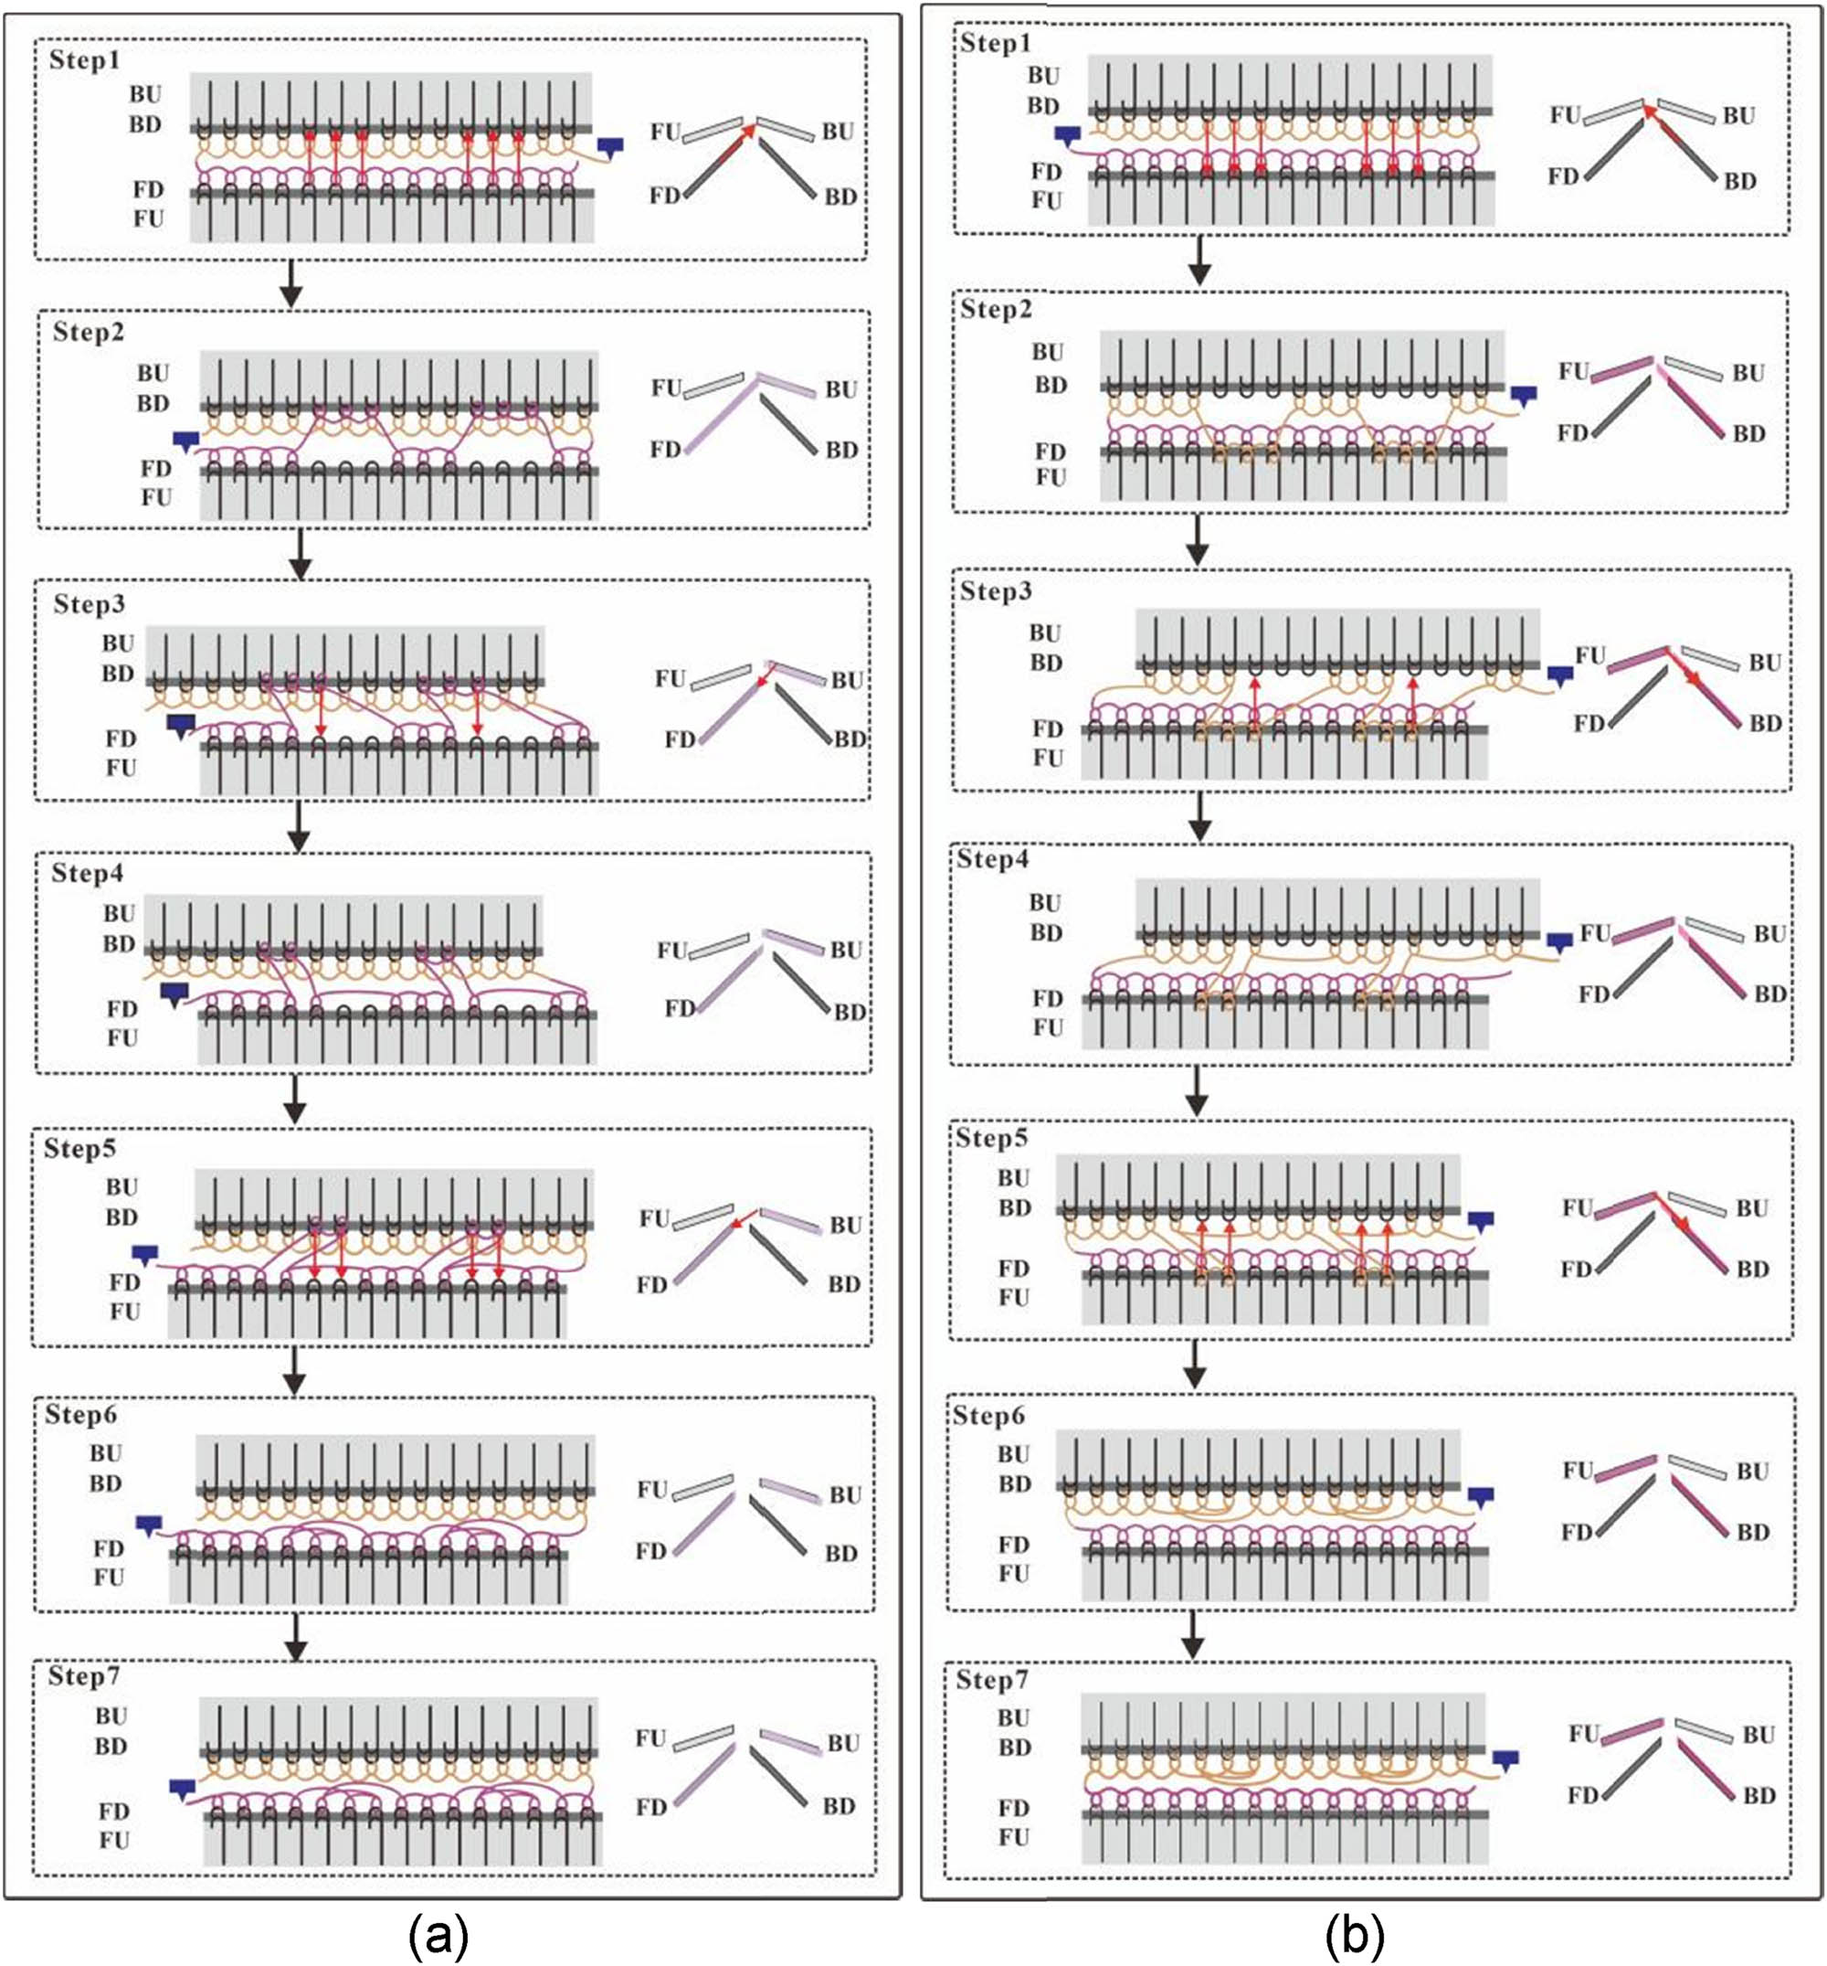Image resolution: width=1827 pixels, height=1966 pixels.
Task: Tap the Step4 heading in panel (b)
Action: [993, 859]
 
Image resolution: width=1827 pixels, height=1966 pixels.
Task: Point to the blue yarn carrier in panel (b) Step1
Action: [1068, 135]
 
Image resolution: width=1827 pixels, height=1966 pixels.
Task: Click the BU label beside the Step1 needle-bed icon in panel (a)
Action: [839, 132]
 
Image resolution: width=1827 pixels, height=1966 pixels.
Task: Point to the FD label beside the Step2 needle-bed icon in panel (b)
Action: [1573, 433]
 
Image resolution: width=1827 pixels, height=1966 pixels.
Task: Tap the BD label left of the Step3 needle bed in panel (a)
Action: [118, 675]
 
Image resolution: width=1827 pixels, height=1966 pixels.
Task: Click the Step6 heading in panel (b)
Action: [990, 1415]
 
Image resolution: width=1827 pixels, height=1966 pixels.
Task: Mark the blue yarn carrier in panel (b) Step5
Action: [1479, 1222]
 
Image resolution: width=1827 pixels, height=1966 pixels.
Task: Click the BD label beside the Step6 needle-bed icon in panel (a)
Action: [840, 1553]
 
